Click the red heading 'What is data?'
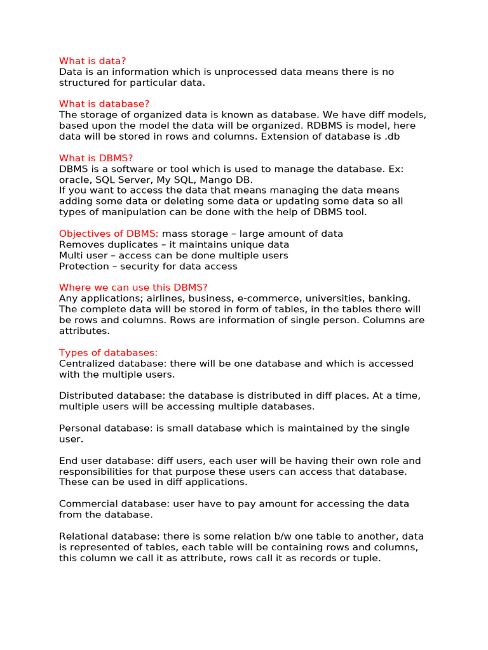93,61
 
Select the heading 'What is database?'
104,104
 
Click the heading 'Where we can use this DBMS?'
133,288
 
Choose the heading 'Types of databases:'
108,353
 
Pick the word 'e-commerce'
262,298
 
